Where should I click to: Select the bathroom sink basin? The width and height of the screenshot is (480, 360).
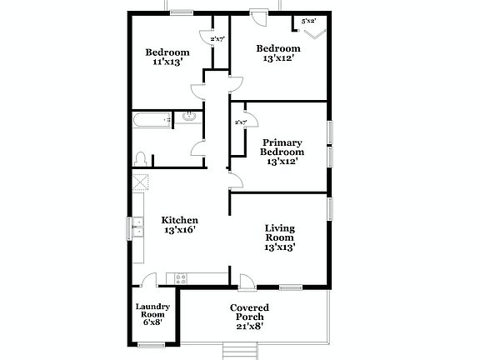pos(189,118)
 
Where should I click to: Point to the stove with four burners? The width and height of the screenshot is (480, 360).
pos(178,277)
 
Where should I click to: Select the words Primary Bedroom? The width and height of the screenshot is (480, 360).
pos(282,147)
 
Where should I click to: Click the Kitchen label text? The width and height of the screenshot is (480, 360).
pos(179,220)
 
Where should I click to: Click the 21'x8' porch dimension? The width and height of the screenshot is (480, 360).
pos(249,327)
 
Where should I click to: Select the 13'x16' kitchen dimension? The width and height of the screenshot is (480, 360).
pos(179,230)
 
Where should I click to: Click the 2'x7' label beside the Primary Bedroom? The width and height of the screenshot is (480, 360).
pos(241,122)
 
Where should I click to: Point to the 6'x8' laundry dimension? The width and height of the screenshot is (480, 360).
pos(153,322)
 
